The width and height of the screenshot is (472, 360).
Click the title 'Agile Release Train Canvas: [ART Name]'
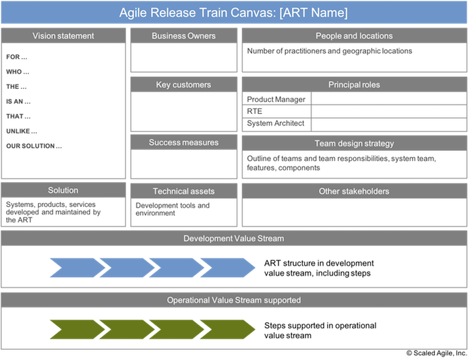[x=233, y=13]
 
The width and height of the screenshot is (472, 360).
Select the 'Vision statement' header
[x=63, y=36]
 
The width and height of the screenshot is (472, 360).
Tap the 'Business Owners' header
[x=183, y=36]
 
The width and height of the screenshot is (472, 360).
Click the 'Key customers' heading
[x=183, y=85]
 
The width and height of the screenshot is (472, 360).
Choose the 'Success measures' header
[x=183, y=142]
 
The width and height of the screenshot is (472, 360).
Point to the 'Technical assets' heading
[x=183, y=191]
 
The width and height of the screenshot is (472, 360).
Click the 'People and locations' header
[x=354, y=36]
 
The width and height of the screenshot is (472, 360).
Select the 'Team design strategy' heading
[x=354, y=143]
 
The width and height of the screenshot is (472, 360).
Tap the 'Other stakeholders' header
[x=354, y=191]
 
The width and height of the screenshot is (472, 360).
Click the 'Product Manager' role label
[x=276, y=99]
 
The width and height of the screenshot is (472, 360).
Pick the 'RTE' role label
[x=256, y=111]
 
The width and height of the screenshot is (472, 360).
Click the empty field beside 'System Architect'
[x=388, y=124]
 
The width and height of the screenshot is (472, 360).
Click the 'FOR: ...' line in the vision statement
[x=18, y=57]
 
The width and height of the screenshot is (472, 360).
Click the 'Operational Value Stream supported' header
[x=233, y=300]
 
